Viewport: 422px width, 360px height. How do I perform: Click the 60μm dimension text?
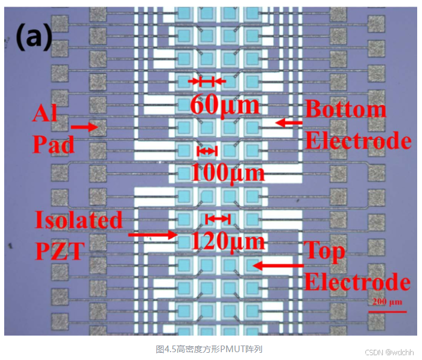coord(225,104)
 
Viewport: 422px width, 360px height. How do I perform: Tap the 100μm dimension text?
coord(228,172)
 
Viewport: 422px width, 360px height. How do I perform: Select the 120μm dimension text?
coord(228,241)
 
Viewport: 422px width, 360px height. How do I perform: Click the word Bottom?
coord(345,109)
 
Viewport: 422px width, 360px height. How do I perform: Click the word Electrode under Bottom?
coord(358,141)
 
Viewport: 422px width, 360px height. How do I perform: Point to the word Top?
coord(326,250)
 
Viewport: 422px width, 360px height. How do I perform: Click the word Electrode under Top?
coord(357,282)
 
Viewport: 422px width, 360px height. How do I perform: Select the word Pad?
coord(53,145)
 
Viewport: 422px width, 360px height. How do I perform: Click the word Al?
coord(46,113)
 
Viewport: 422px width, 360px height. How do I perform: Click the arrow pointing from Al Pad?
coord(84,127)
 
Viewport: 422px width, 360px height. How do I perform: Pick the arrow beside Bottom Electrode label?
coord(289,122)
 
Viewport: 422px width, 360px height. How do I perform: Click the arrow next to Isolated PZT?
coord(153,233)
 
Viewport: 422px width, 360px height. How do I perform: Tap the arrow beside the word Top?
coord(278,264)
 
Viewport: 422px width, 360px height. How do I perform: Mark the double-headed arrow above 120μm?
coord(218,218)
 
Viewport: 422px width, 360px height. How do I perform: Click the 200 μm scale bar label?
coord(386,302)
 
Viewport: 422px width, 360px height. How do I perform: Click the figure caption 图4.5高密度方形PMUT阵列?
coord(209,349)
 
